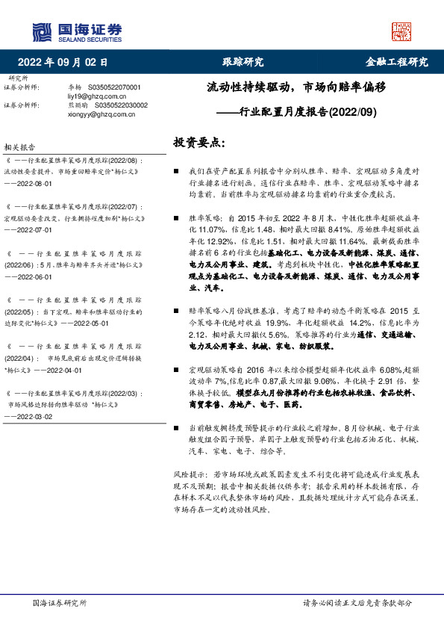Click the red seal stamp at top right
click(401, 31)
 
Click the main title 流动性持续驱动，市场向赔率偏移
click(296, 87)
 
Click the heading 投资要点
click(198, 143)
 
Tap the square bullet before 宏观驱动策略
click(176, 369)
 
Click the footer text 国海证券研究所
click(60, 602)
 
